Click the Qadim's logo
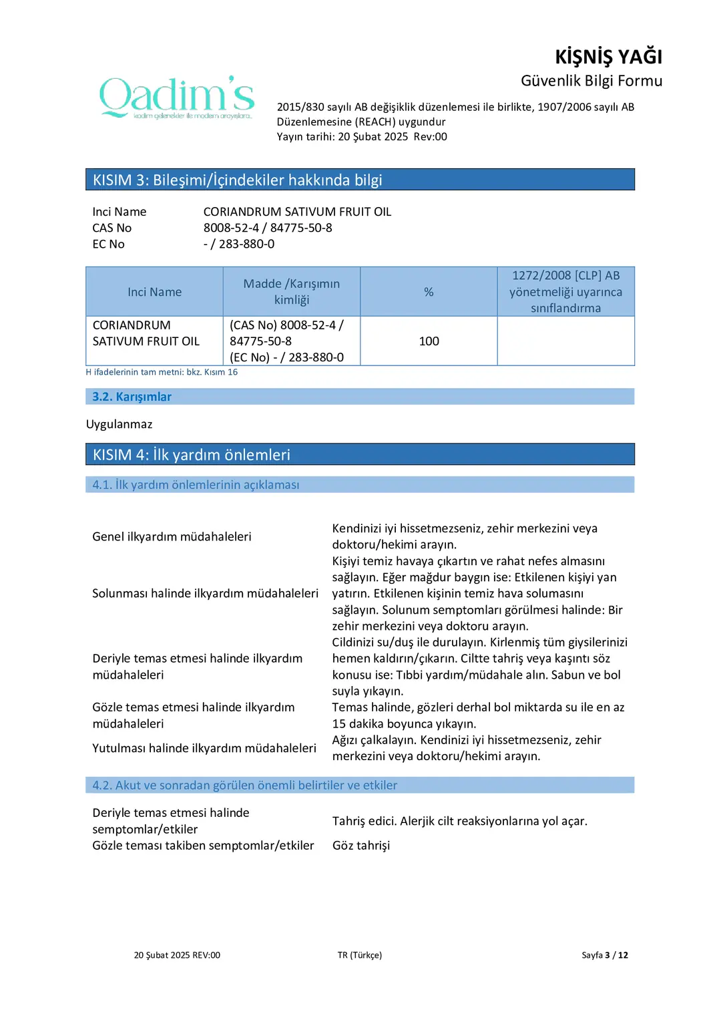click(177, 98)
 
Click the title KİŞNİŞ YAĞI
click(608, 57)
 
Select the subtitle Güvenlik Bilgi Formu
click(591, 81)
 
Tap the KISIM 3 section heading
click(237, 180)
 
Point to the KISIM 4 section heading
click(191, 455)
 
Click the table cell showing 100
click(429, 341)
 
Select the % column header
click(429, 292)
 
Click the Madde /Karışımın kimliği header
click(292, 292)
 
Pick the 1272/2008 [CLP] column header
click(565, 292)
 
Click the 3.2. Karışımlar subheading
click(132, 397)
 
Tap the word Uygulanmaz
click(119, 424)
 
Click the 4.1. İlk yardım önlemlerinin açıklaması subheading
click(196, 485)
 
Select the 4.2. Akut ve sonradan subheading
click(244, 786)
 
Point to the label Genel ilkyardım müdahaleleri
click(172, 536)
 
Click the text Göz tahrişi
click(361, 846)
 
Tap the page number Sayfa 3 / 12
click(604, 955)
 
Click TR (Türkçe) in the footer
click(360, 955)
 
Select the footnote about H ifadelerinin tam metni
click(162, 372)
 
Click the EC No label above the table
click(108, 244)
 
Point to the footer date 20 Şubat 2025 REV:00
click(177, 955)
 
